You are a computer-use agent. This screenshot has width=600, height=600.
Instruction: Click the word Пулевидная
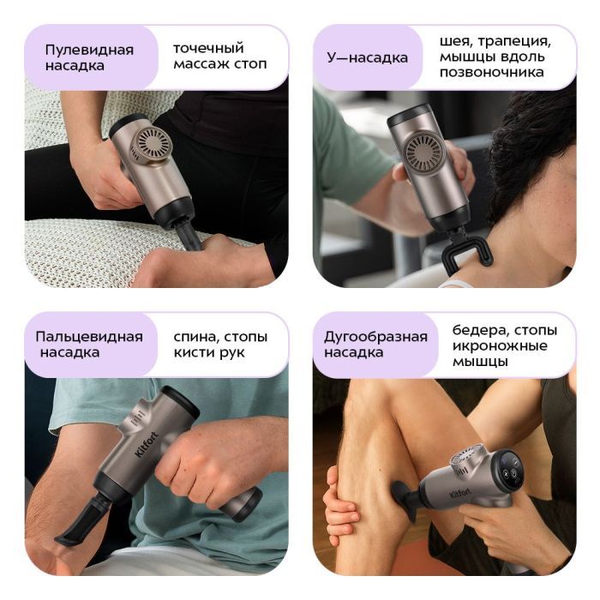[89, 50]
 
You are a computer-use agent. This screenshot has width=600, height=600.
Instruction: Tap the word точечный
[208, 48]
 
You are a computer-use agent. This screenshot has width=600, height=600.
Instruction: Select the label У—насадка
[367, 57]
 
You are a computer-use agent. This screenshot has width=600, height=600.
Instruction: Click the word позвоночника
[491, 72]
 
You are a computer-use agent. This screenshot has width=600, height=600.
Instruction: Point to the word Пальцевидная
[89, 337]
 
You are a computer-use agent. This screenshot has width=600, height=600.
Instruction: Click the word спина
[196, 337]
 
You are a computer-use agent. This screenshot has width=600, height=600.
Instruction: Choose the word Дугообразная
[375, 337]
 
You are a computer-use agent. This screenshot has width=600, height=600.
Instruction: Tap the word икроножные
[500, 346]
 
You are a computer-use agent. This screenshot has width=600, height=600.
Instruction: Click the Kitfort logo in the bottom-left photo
[147, 444]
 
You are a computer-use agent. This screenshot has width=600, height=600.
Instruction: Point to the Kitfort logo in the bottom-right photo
[460, 495]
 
